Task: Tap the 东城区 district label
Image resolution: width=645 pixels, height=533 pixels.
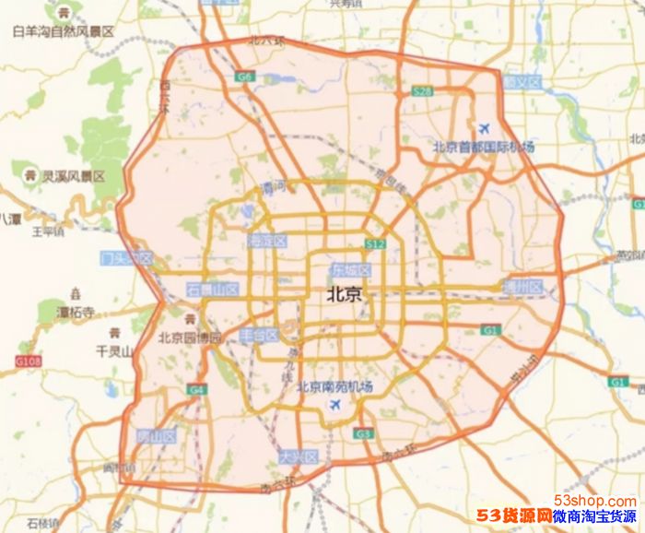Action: pyautogui.click(x=350, y=271)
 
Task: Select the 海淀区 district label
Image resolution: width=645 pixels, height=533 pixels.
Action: pyautogui.click(x=267, y=241)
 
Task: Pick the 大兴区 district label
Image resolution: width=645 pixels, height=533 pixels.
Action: pyautogui.click(x=298, y=457)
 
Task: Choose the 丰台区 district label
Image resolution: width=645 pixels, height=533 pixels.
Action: pyautogui.click(x=259, y=335)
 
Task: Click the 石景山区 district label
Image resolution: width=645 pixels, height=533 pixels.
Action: pyautogui.click(x=213, y=290)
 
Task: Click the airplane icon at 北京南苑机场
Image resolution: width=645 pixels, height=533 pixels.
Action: pyautogui.click(x=334, y=405)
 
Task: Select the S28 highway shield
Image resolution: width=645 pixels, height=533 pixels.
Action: pyautogui.click(x=422, y=91)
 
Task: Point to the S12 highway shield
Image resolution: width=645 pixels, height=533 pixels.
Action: pyautogui.click(x=375, y=244)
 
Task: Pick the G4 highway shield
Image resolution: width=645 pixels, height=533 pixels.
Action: pyautogui.click(x=197, y=390)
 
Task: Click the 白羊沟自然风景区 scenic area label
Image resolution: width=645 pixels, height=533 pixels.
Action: pyautogui.click(x=63, y=31)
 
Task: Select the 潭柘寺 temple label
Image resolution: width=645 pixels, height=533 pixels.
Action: pyautogui.click(x=76, y=314)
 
